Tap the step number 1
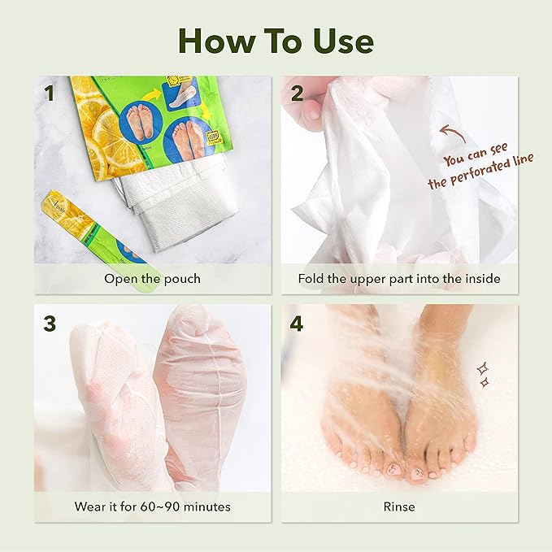[x=50, y=93]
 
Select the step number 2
[x=297, y=93]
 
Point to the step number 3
[x=50, y=322]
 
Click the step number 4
[x=297, y=322]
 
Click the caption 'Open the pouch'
[x=152, y=278]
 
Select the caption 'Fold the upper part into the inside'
[x=399, y=278]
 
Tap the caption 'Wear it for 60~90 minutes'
[x=152, y=506]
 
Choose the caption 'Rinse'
[x=399, y=506]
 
